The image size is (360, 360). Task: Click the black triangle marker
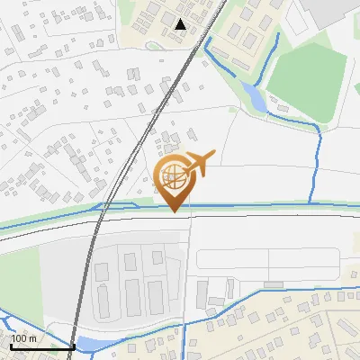(x=181, y=24)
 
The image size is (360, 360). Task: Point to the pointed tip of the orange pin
(x=174, y=211)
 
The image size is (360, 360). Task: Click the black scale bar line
(x=41, y=347)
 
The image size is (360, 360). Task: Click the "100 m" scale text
(x=24, y=338)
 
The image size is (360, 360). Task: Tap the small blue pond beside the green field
(x=256, y=97)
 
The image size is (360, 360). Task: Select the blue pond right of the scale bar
(x=90, y=344)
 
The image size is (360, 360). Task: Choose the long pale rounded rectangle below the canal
(x=265, y=259)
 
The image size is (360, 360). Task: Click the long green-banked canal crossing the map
(x=270, y=205)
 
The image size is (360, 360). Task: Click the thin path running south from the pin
(x=190, y=270)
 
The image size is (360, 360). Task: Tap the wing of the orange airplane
(x=203, y=158)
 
